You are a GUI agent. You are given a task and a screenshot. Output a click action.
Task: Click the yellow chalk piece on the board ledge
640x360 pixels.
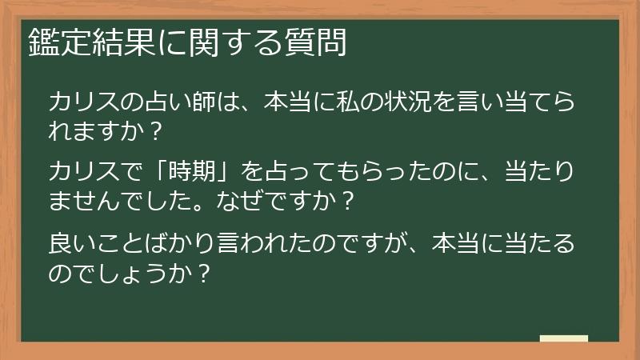pyautogui.click(x=563, y=338)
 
